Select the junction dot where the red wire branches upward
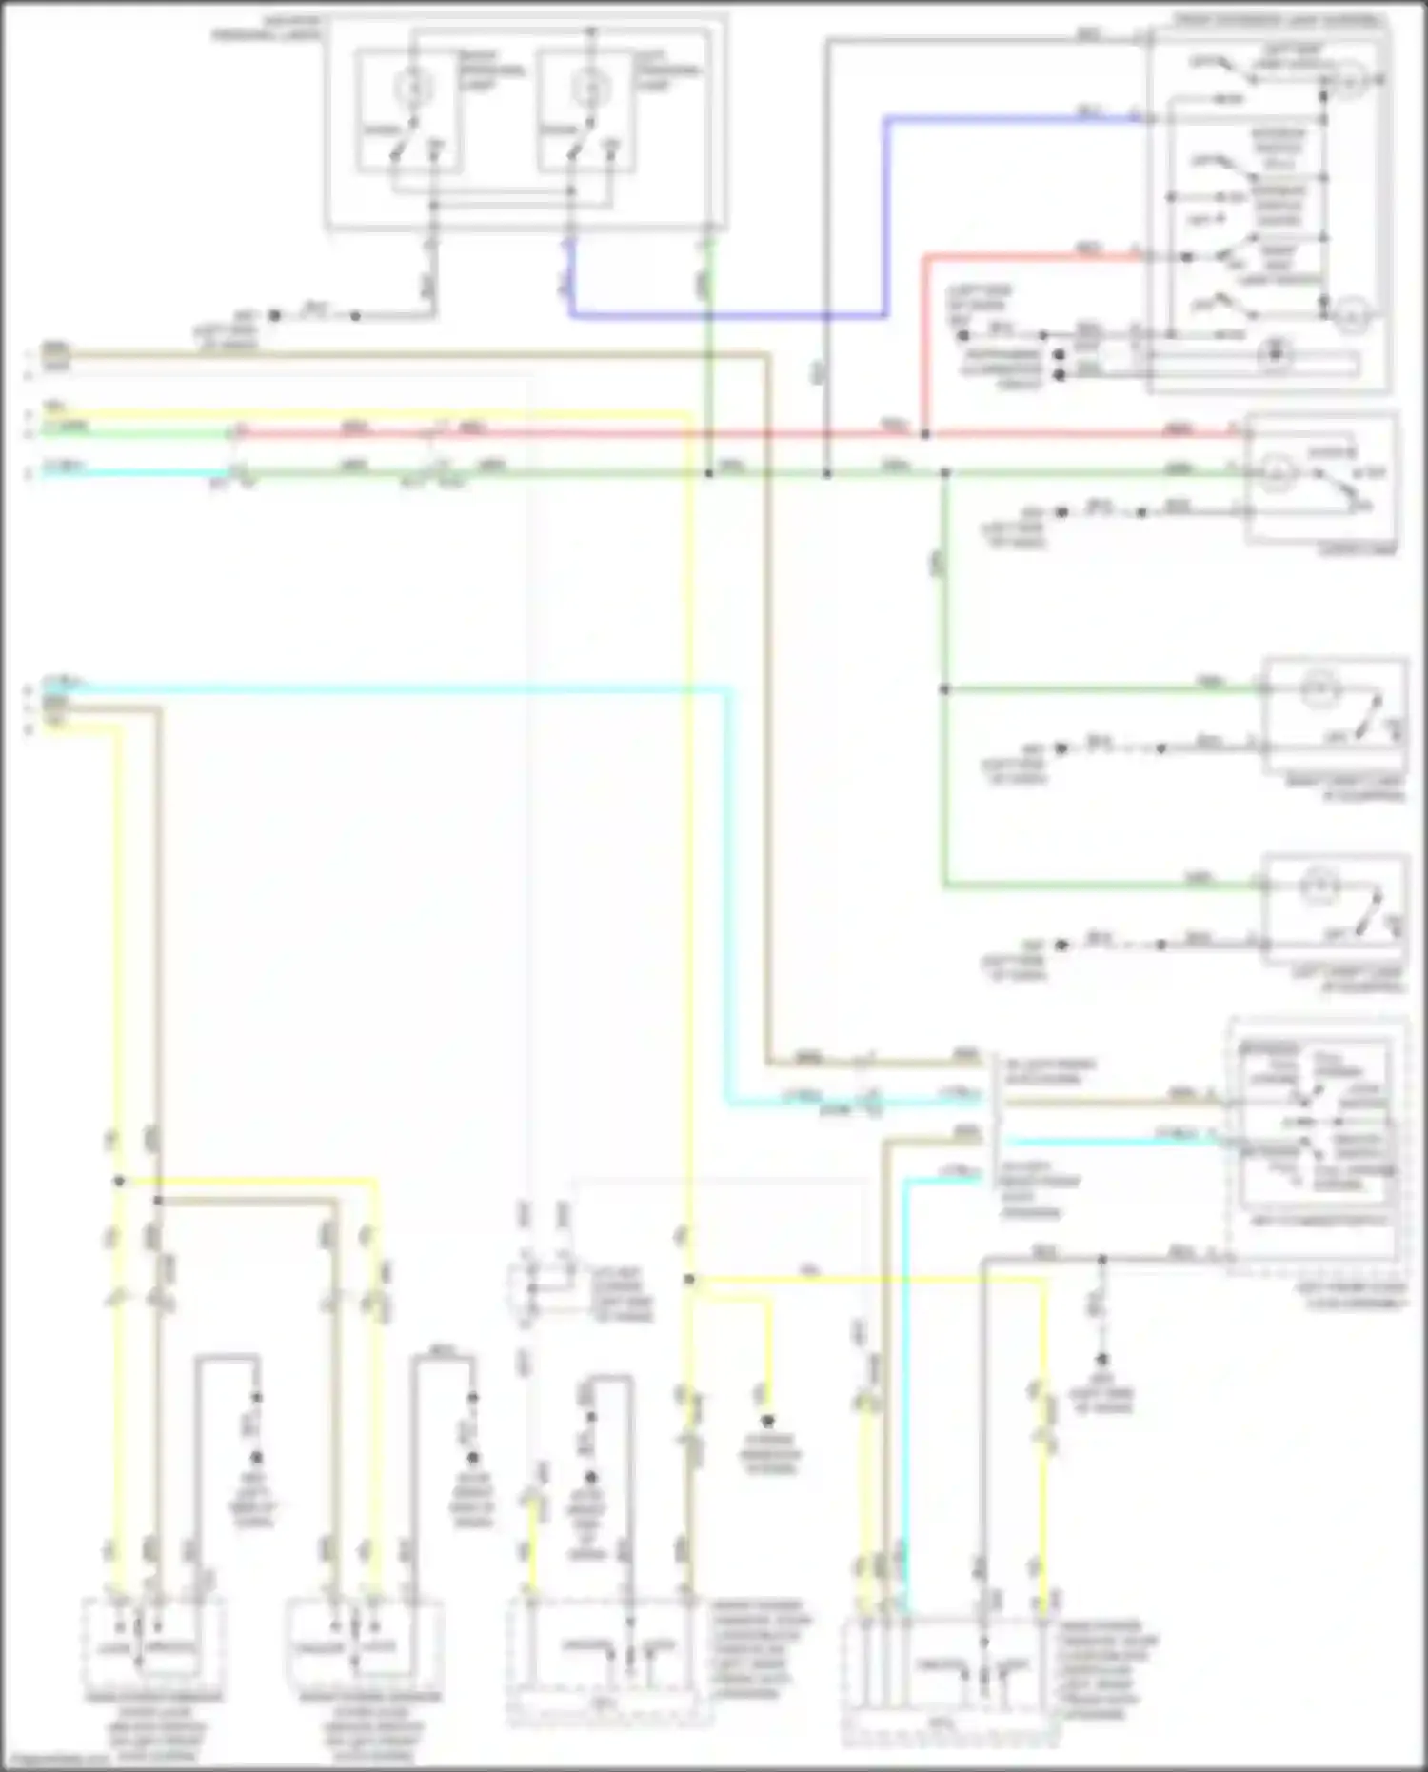tap(925, 434)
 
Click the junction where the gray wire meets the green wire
tap(827, 473)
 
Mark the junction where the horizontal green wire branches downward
tap(944, 473)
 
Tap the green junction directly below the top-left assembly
tap(709, 473)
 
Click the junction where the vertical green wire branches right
tap(944, 688)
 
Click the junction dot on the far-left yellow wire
tap(119, 1182)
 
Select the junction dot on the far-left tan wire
tap(158, 1201)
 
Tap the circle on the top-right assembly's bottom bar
tap(1276, 355)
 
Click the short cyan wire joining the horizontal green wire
tap(133, 472)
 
